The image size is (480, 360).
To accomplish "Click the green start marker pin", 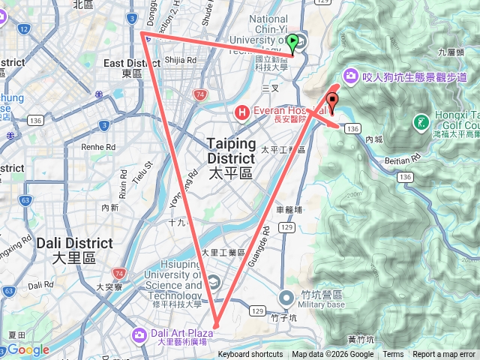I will click(x=292, y=42).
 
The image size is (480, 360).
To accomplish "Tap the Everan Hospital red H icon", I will click(x=242, y=113).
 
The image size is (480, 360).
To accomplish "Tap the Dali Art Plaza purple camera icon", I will click(x=139, y=334).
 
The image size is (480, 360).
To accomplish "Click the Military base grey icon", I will click(x=286, y=298).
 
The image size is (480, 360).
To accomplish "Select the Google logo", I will click(x=28, y=349).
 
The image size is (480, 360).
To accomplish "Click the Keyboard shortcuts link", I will click(x=250, y=355).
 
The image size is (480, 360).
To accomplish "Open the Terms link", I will click(x=393, y=355).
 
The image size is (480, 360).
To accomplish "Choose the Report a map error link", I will click(x=444, y=355).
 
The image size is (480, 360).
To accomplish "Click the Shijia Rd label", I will click(x=181, y=59).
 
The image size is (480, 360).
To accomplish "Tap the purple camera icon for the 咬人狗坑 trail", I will click(x=350, y=76).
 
